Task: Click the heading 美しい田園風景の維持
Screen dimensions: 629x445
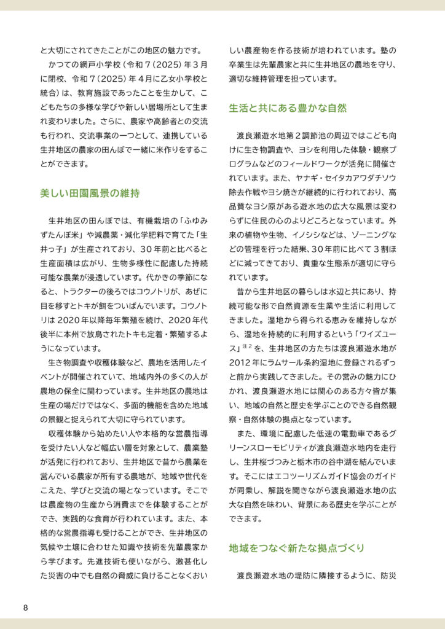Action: tap(90, 193)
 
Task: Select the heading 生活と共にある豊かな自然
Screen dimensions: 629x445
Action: tap(288, 108)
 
